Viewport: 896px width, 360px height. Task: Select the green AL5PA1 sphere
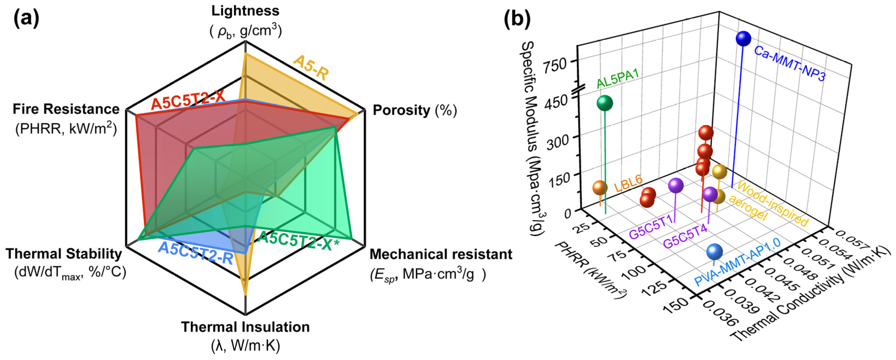605,103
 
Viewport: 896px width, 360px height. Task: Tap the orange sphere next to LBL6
600,188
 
